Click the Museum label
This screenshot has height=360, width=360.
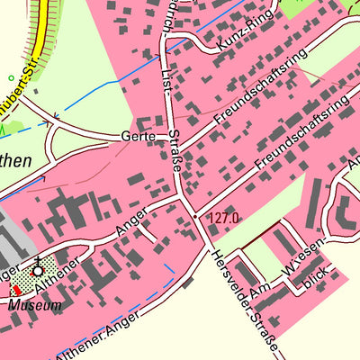tap(37, 305)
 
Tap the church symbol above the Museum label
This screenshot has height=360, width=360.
tap(38, 270)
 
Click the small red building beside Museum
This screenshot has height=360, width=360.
tap(15, 290)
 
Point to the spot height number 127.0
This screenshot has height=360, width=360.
tap(223, 217)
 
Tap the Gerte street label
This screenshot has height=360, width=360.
tap(138, 137)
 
